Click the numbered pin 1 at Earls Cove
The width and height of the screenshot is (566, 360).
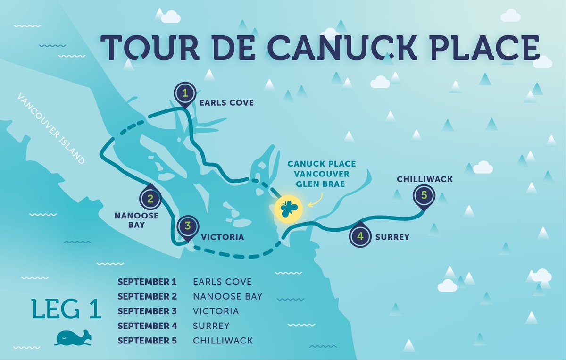point(185,93)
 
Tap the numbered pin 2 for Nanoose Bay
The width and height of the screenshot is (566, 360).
point(150,198)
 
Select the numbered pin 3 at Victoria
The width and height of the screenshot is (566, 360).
point(188,226)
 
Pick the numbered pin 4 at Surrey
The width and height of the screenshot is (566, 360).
point(360,236)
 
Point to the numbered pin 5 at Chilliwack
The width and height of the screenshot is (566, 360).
point(424,195)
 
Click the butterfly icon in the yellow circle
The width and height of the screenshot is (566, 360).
point(287,208)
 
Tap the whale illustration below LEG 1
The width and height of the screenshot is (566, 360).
point(73,337)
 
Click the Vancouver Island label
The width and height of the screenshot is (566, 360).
point(50,128)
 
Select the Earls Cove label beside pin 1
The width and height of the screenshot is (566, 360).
point(226,103)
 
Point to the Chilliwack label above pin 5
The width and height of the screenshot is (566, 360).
point(425,179)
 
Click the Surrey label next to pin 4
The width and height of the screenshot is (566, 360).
point(391,237)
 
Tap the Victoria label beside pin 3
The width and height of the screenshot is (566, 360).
point(222,237)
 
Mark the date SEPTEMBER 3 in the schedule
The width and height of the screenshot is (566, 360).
point(147,311)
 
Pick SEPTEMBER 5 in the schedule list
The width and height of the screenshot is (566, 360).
point(147,341)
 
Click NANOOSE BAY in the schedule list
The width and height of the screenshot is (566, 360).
point(227,297)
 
